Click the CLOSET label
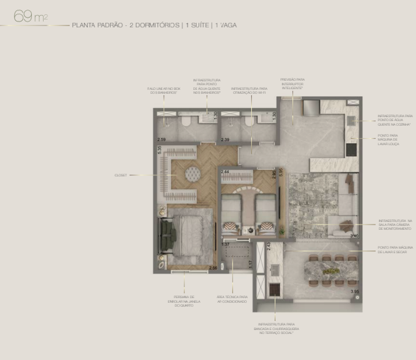click(120, 174)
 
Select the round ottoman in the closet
click(193, 174)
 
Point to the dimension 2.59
click(161, 140)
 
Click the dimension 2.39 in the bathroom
click(225, 140)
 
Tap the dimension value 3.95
click(354, 292)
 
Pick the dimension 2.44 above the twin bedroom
click(225, 171)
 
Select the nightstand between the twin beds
click(249, 228)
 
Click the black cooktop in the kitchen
click(351, 149)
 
